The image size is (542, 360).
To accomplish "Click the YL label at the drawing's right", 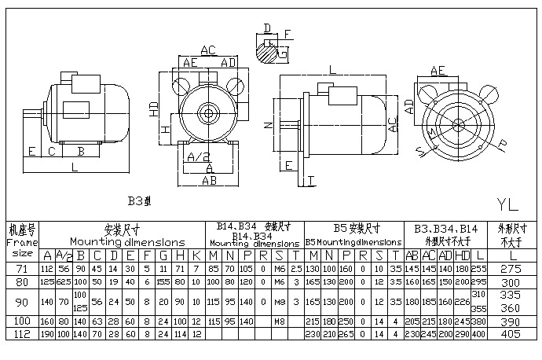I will click(x=507, y=204).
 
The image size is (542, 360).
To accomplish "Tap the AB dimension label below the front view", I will click(x=209, y=180).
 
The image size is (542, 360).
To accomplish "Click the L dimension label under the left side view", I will click(x=75, y=167).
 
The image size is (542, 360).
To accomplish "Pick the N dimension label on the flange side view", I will click(x=268, y=125).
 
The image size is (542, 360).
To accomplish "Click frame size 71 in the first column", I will click(x=22, y=268).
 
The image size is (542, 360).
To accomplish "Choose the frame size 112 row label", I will click(x=22, y=332).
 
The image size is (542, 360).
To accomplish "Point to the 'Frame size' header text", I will click(x=22, y=244).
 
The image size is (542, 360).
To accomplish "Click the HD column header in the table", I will click(x=460, y=255).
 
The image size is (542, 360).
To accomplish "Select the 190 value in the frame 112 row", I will click(x=47, y=332).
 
